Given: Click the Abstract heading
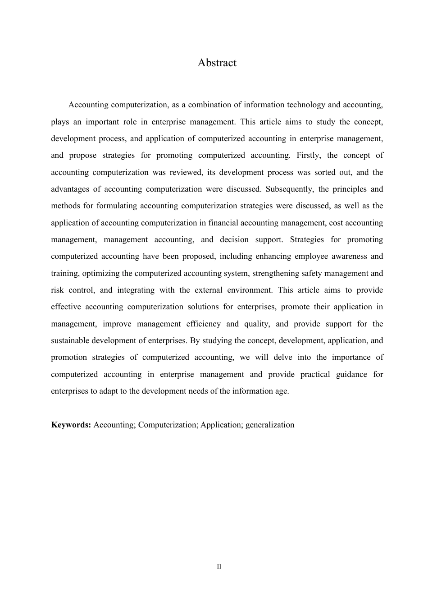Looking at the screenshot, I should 217,63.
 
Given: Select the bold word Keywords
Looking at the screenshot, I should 71,425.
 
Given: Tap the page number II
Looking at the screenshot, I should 219,566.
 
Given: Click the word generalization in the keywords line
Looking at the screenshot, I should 270,425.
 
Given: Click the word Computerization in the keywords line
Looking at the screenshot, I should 168,425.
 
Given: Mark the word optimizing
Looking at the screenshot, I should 101,273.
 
